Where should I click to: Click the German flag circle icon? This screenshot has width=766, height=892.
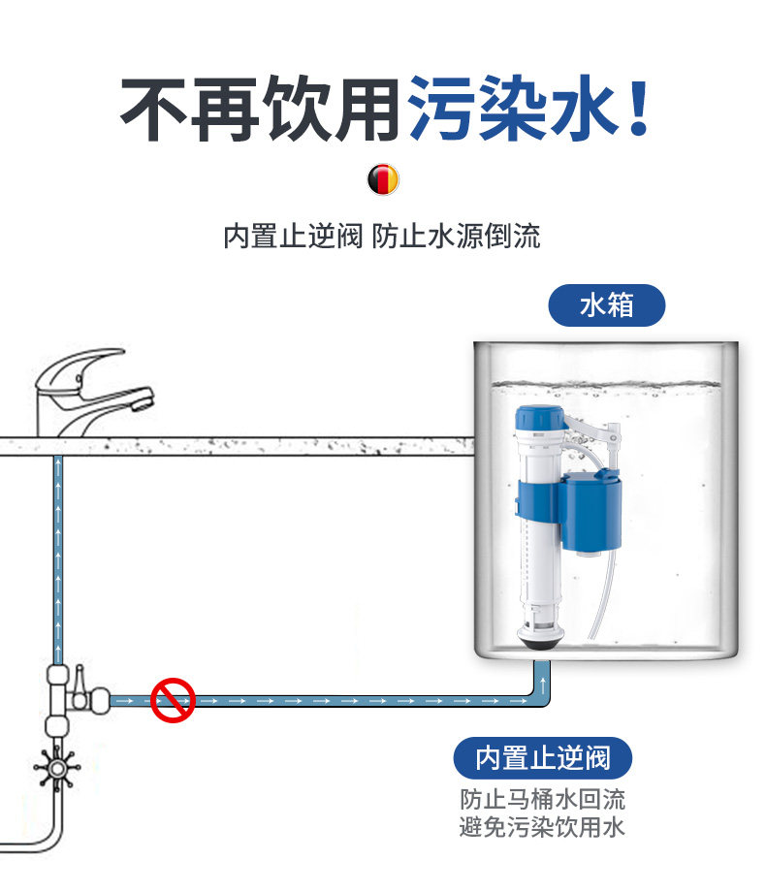[383, 179]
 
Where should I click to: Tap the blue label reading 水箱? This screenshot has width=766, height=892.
[607, 304]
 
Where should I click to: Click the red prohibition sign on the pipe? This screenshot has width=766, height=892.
[173, 698]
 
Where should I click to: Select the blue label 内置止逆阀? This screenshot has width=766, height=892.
[543, 758]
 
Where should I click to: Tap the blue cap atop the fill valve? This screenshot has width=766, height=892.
[537, 420]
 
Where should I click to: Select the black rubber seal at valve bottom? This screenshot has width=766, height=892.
[537, 639]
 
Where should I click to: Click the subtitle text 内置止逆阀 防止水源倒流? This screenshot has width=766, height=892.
[382, 236]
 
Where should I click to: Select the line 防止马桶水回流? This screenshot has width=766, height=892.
[543, 800]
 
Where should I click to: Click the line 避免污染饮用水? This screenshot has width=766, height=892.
[543, 827]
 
